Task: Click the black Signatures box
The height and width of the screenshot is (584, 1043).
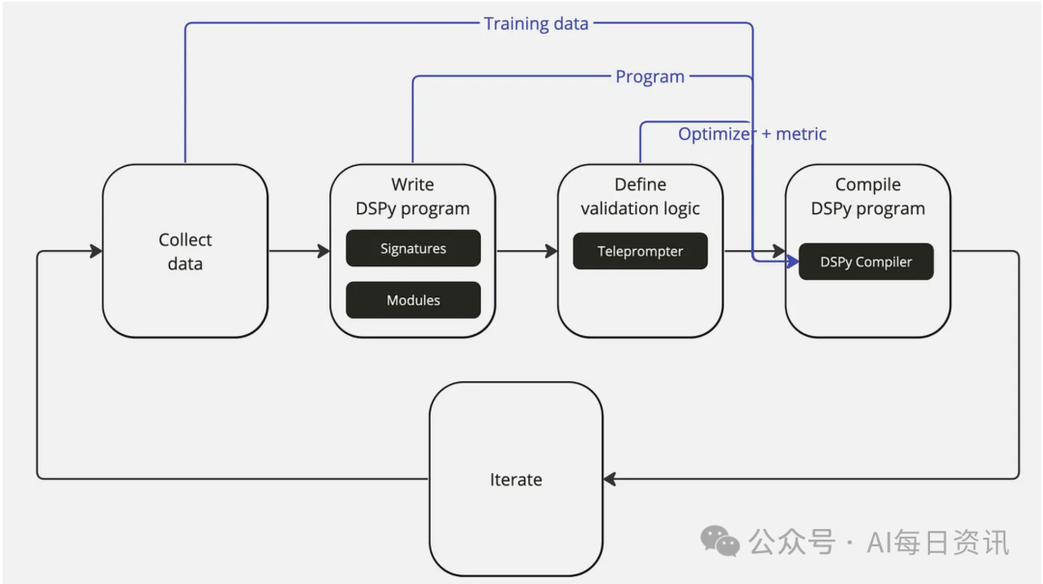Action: coord(413,248)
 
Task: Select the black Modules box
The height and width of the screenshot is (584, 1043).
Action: coord(413,300)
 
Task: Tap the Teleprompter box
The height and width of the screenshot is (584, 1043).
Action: coord(640,251)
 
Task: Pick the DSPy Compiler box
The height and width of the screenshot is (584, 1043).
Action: coord(866,262)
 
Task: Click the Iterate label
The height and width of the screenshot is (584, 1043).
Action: coord(516,480)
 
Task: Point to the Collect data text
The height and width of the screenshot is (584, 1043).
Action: coord(184,251)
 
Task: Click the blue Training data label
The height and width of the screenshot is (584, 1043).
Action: coord(536,24)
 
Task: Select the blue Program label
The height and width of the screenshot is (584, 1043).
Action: coord(650,76)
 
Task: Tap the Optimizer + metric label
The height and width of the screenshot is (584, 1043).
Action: coord(752,134)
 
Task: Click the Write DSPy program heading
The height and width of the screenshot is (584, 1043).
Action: coord(412,196)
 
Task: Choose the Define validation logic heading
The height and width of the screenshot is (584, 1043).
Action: coord(640,196)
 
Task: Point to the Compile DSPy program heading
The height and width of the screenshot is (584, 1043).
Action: coord(867,196)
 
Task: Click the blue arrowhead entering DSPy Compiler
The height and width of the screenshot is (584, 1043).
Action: coord(792,262)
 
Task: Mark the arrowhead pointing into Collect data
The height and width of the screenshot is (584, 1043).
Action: coord(97,251)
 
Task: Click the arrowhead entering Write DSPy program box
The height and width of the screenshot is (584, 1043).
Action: coord(324,251)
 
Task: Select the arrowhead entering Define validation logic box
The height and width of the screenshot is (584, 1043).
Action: coord(551,251)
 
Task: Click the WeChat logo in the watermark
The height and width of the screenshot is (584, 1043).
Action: coord(719,541)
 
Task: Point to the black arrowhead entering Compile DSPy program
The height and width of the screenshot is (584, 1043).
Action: coord(779,251)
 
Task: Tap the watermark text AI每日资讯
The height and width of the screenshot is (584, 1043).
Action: coord(938,542)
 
